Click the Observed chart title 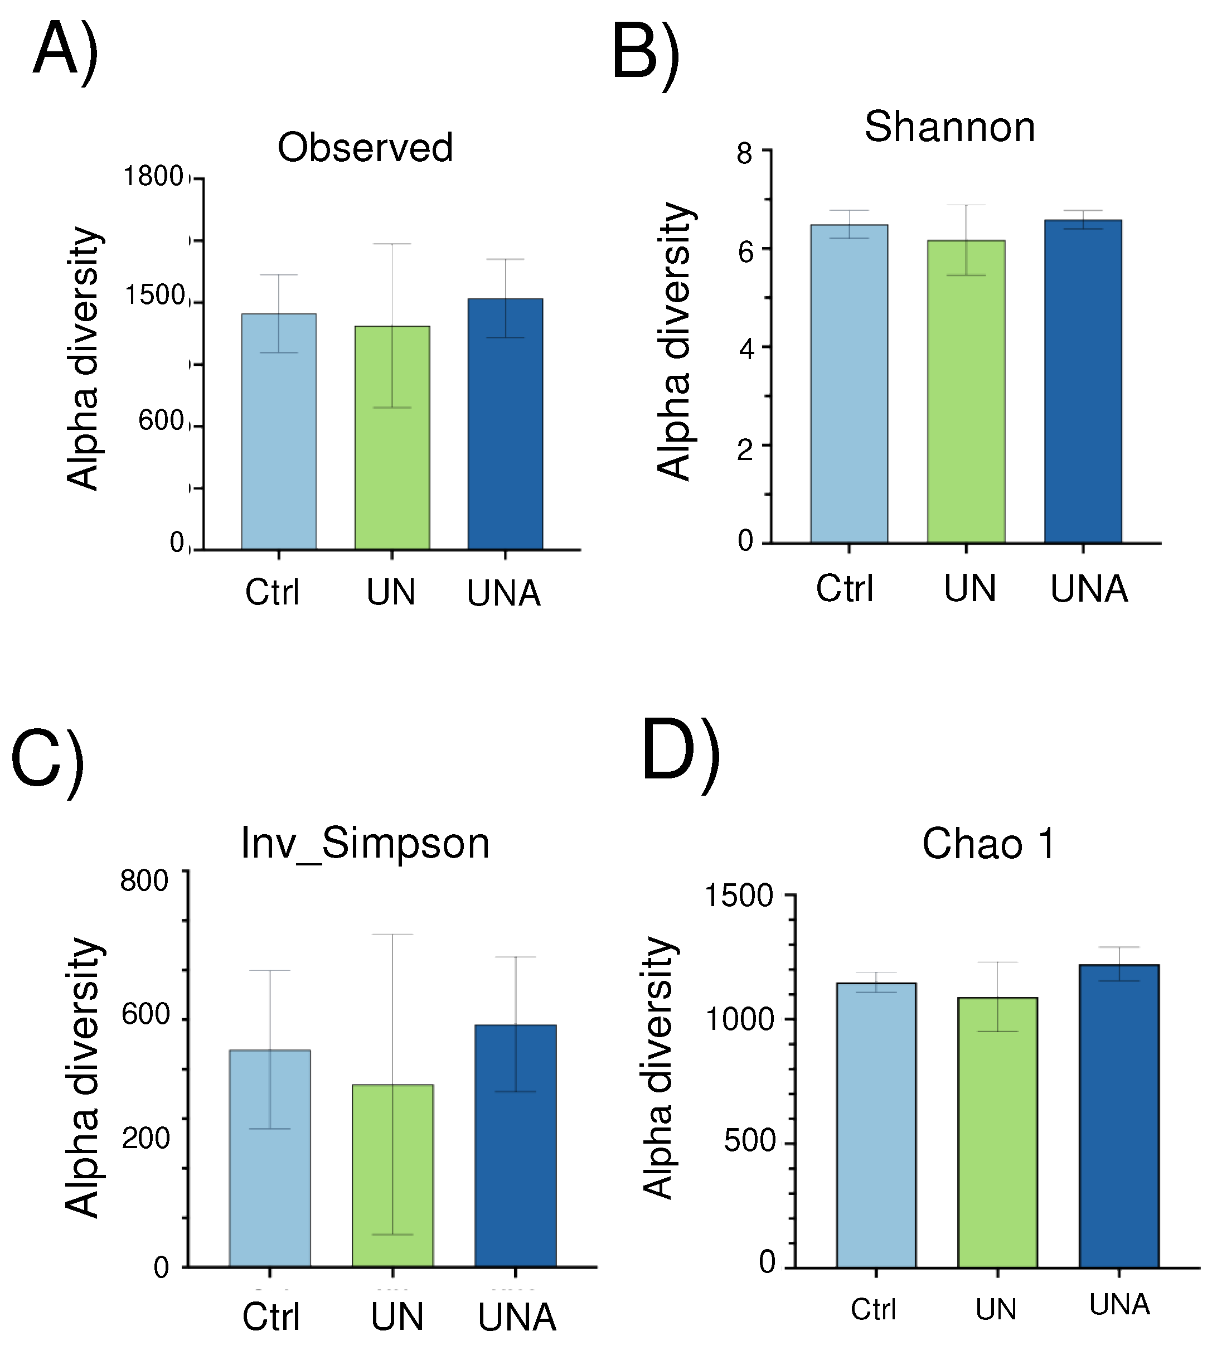tap(365, 148)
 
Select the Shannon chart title tap(949, 127)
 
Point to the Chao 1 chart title tap(988, 844)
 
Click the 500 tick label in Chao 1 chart tap(749, 1140)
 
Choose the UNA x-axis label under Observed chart tap(503, 594)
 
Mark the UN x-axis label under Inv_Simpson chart tap(397, 1317)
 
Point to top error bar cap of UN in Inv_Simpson tap(392, 935)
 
